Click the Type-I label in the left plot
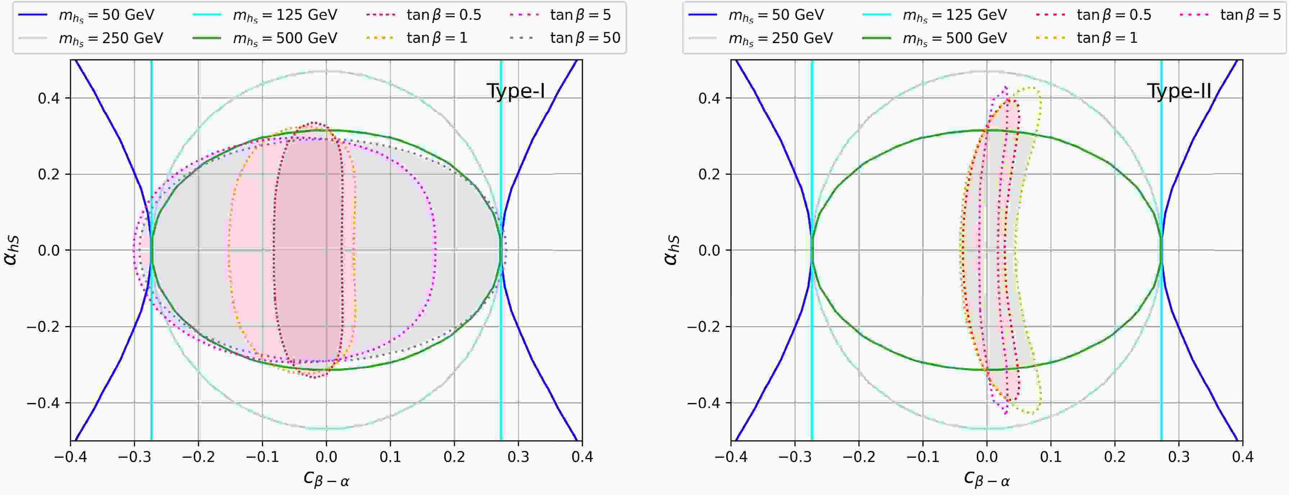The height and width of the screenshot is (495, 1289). point(516,92)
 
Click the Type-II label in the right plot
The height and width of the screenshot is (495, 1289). point(1179,92)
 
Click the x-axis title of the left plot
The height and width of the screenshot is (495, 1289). point(326,478)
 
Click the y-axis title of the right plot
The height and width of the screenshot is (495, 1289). point(671,250)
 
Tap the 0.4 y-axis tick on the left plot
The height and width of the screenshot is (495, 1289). point(49,98)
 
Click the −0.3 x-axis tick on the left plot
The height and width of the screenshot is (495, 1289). point(134,457)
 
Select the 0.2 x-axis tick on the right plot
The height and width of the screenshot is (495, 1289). point(1115,457)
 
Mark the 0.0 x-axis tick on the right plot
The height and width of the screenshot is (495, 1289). point(987,457)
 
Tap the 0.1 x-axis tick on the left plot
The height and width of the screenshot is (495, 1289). point(390,457)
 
